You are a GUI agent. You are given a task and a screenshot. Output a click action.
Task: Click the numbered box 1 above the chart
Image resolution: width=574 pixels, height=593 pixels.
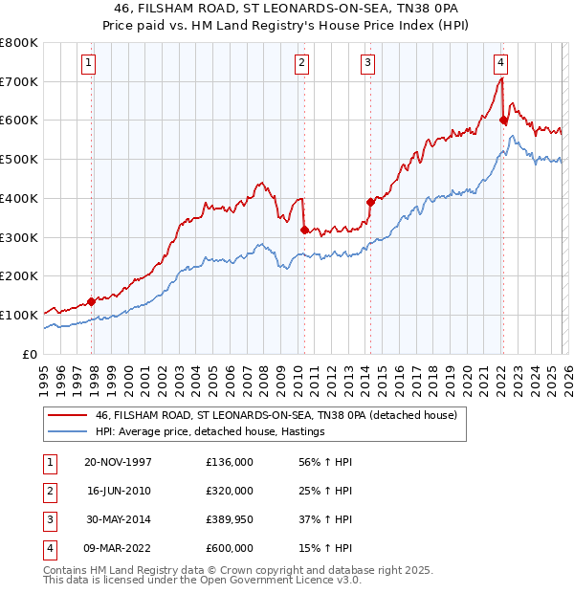pyautogui.click(x=88, y=63)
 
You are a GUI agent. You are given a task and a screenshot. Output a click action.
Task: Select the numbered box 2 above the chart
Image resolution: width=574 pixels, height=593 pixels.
pyautogui.click(x=301, y=63)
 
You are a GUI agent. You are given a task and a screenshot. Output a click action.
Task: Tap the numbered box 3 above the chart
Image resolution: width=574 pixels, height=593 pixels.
pyautogui.click(x=367, y=63)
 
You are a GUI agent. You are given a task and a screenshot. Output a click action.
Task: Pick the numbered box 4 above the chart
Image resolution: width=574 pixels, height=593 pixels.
pyautogui.click(x=500, y=63)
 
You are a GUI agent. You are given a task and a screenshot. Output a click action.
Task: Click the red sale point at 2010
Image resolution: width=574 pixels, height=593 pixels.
pyautogui.click(x=304, y=230)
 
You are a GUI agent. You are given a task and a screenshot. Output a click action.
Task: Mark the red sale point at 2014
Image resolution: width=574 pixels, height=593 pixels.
pyautogui.click(x=370, y=202)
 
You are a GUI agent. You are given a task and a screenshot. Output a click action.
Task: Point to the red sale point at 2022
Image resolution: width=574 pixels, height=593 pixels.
pyautogui.click(x=502, y=120)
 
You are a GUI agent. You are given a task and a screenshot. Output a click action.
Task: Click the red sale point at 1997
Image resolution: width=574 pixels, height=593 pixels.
pyautogui.click(x=92, y=300)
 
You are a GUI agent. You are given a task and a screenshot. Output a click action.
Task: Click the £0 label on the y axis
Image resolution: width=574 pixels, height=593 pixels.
pyautogui.click(x=30, y=354)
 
